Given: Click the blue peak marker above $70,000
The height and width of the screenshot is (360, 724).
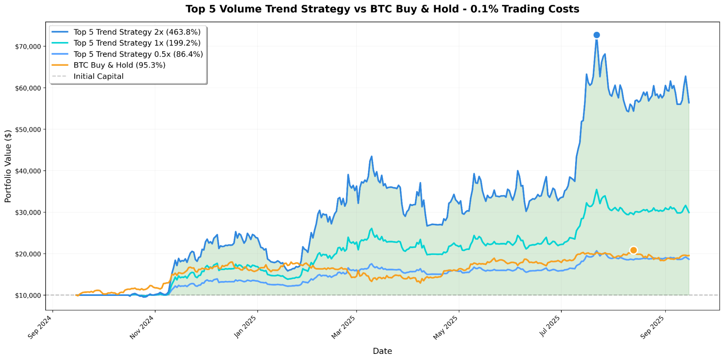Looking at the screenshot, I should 597,35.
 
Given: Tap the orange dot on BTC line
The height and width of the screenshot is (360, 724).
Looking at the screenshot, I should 633,250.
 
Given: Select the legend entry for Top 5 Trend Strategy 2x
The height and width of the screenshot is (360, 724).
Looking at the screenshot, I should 137,32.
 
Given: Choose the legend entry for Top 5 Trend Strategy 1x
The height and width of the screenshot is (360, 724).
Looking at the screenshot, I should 137,43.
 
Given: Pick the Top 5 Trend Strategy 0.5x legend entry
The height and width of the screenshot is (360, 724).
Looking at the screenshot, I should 138,54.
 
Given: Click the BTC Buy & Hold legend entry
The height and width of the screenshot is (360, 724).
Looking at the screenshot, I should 119,65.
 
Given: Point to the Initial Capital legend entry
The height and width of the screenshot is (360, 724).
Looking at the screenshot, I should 99,76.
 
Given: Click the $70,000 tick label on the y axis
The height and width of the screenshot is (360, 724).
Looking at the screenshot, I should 28,46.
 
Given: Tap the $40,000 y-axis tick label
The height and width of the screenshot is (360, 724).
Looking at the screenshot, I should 28,171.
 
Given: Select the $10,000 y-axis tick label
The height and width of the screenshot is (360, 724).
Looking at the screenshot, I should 28,296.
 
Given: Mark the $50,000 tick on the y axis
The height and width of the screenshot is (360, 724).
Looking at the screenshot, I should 28,129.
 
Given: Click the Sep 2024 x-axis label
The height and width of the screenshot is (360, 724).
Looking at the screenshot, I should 40,327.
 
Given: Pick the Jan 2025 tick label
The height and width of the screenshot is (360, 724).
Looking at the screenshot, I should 245,327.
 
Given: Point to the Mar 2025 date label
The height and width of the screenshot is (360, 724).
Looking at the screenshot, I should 344,327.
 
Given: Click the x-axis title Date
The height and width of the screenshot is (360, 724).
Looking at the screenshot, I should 382,351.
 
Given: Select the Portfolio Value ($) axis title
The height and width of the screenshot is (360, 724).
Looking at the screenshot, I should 8,166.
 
